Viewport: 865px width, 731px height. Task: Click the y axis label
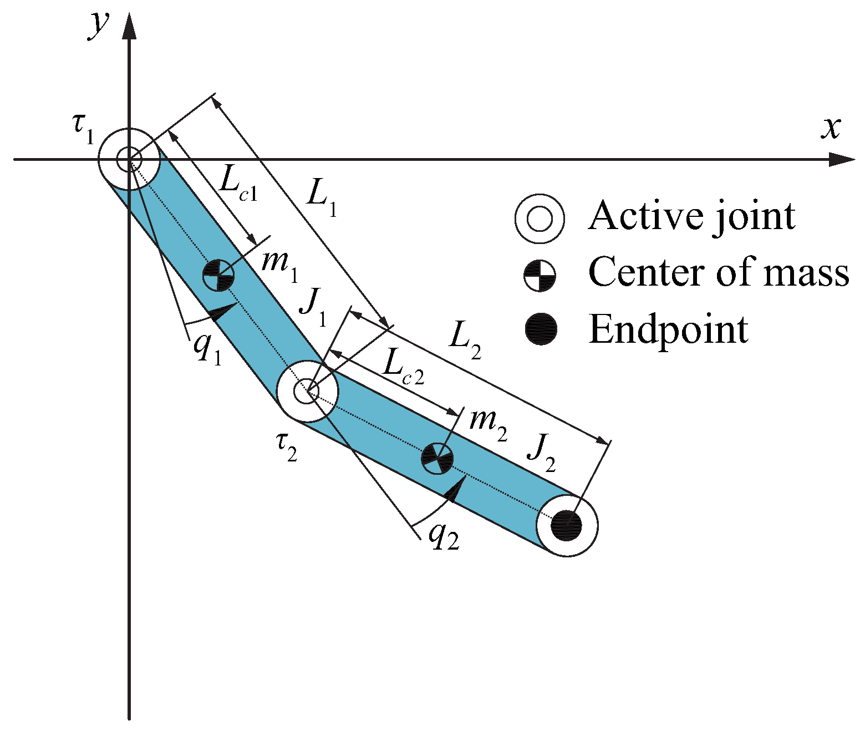pos(98,26)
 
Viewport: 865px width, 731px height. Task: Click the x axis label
pos(830,128)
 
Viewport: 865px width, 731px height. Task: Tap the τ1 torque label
pos(84,129)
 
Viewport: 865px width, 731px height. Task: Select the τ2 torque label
pos(286,447)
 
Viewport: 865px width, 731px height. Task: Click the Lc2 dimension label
pos(403,368)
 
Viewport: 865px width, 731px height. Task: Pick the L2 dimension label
pos(464,340)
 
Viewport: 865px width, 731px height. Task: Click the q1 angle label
pos(207,349)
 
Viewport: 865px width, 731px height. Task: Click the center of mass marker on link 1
pos(218,275)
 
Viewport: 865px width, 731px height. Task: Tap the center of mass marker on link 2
pos(437,458)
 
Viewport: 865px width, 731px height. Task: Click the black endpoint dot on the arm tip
pos(567,525)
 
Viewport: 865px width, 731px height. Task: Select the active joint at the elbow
pos(307,392)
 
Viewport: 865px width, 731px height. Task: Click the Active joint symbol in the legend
pos(540,219)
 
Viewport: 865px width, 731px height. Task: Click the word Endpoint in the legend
pos(668,330)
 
